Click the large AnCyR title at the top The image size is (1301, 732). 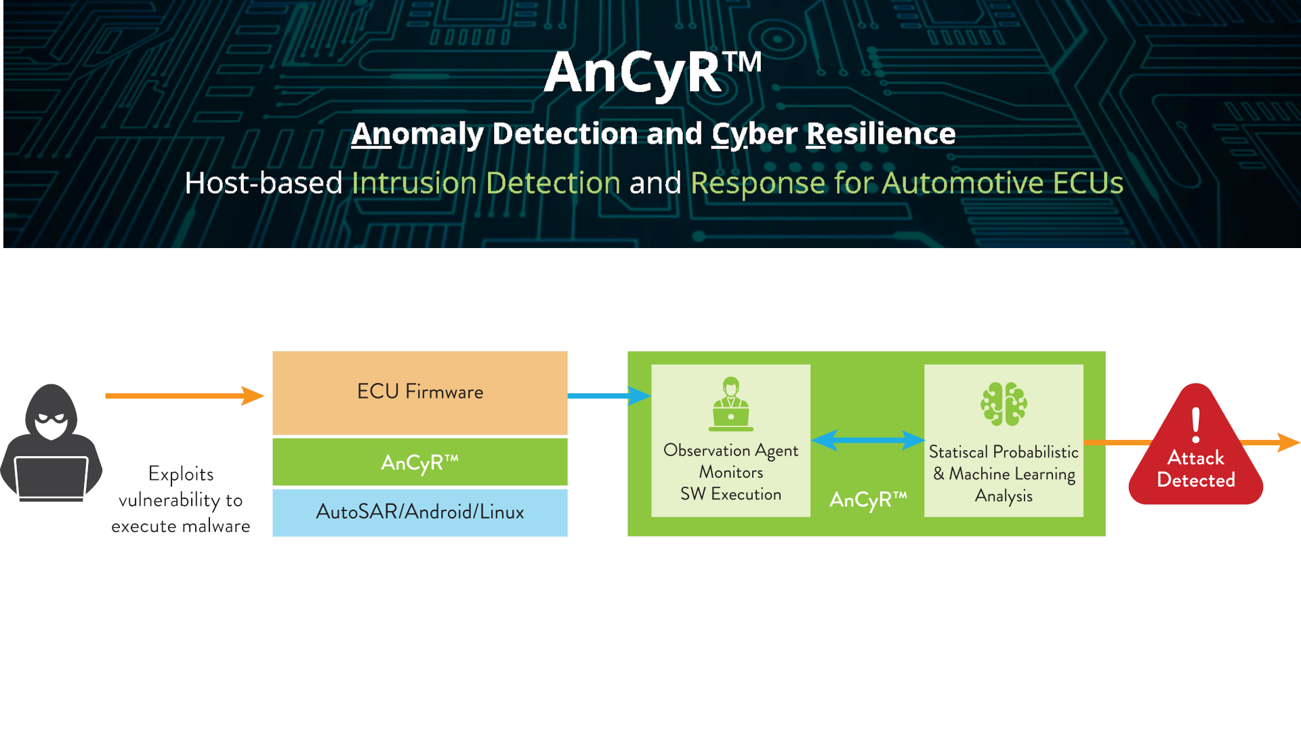652,73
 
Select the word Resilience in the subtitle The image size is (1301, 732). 880,134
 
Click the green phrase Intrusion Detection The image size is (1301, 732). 486,183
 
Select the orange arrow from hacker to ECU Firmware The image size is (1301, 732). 183,396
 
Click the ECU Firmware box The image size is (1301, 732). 419,392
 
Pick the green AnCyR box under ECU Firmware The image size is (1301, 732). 419,462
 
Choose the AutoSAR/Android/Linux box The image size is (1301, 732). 419,512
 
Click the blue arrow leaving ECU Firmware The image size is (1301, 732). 607,395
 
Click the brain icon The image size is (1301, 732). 1004,404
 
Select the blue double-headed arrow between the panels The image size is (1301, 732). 867,441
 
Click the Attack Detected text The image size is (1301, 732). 1196,469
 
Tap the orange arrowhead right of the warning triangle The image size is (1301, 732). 1288,442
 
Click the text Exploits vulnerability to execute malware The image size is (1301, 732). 180,500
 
